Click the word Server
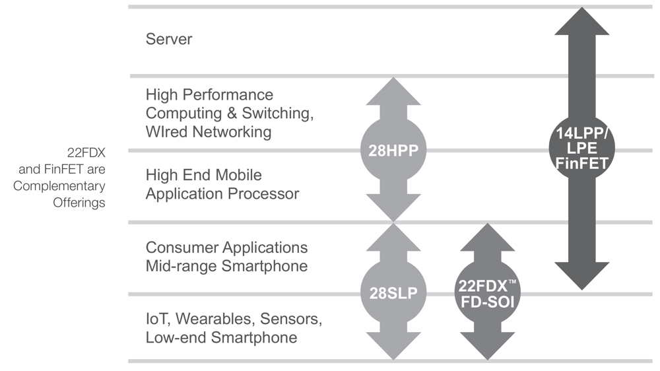point(169,39)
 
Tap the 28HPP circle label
point(393,150)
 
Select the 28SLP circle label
point(393,293)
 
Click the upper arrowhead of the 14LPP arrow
point(581,23)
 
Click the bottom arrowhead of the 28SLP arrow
point(393,347)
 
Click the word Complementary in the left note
point(59,186)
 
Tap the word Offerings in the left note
point(79,203)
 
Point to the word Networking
point(232,131)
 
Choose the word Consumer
point(181,248)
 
